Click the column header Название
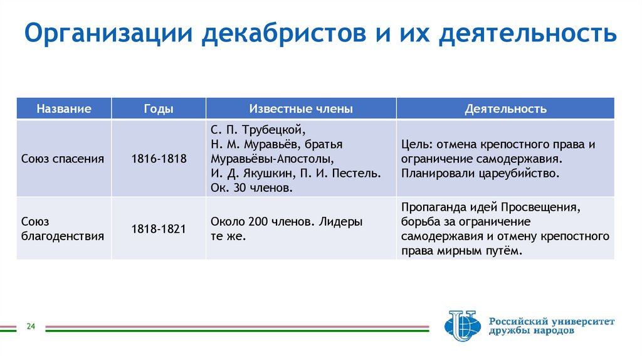point(64,109)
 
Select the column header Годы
point(159,109)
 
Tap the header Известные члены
point(301,109)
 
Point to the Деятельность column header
point(505,109)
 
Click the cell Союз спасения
point(62,159)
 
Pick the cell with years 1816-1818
point(159,159)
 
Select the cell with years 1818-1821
point(159,229)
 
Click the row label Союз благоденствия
point(62,229)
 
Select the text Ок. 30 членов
point(251,188)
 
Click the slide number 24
point(30,327)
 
